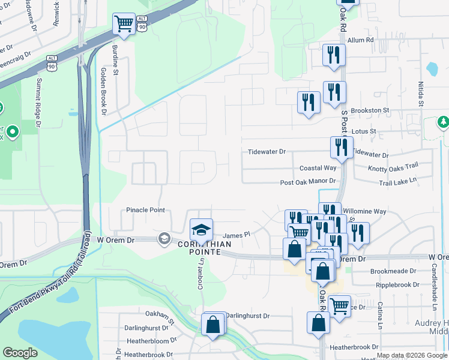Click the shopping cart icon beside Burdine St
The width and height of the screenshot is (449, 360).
(x=124, y=25)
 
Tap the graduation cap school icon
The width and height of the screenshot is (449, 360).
(x=201, y=229)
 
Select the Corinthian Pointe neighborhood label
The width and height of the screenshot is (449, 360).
(x=200, y=248)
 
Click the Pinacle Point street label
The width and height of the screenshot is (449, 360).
(x=145, y=211)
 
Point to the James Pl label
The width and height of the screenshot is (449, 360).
(x=236, y=236)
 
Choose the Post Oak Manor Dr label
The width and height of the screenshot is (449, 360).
(x=307, y=182)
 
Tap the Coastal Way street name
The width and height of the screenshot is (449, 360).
(x=318, y=168)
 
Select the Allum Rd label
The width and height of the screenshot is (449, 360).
(x=361, y=40)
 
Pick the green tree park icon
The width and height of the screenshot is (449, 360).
(x=444, y=123)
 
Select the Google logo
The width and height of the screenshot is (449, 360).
(x=20, y=353)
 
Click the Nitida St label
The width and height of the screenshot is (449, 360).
(x=421, y=95)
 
